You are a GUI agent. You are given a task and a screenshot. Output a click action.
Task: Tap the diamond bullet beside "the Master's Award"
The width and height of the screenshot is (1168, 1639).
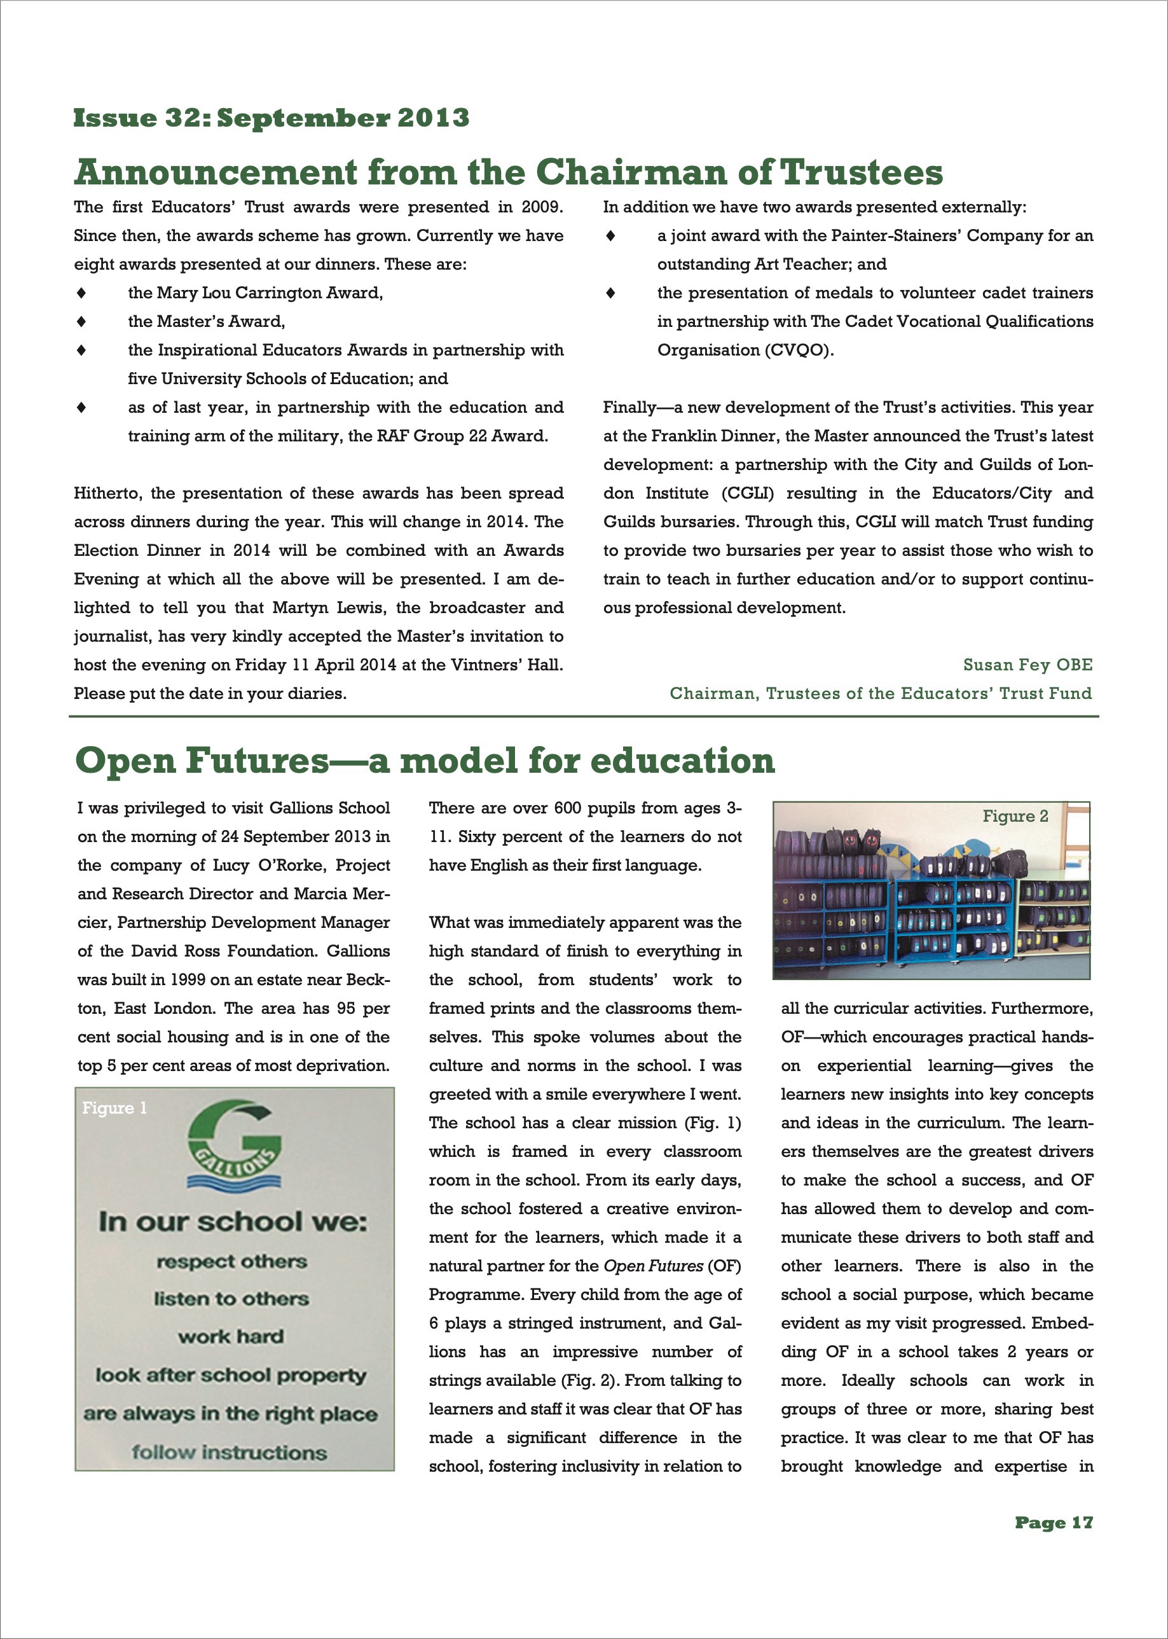[x=82, y=322]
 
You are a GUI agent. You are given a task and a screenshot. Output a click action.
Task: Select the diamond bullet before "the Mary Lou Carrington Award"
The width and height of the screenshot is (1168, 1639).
[x=82, y=293]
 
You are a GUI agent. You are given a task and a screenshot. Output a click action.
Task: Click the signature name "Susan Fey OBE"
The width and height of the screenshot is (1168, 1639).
[x=1027, y=665]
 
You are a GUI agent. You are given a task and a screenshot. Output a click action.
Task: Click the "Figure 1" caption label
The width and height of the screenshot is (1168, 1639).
[x=114, y=1107]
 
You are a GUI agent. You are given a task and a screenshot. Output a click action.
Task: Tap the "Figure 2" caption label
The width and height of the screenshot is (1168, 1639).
[x=1015, y=816]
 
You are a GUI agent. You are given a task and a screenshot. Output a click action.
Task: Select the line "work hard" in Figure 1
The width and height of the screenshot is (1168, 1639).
[x=231, y=1336]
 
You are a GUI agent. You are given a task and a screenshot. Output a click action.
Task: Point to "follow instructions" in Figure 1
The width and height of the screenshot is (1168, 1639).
[x=229, y=1451]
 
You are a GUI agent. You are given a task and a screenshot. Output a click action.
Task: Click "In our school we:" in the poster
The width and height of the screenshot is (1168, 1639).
[x=232, y=1221]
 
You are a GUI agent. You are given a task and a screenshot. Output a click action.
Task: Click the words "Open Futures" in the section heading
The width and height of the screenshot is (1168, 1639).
[x=202, y=761]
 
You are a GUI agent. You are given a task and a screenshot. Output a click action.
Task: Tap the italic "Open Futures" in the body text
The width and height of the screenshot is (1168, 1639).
[x=653, y=1266]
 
